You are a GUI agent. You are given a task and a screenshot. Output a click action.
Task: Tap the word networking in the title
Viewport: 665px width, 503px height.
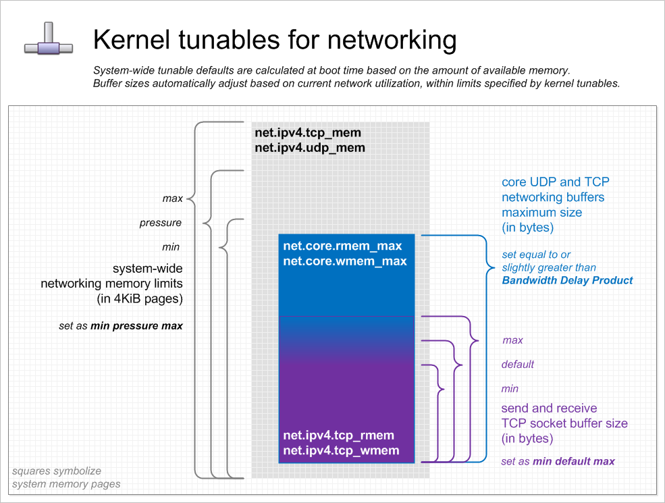click(392, 40)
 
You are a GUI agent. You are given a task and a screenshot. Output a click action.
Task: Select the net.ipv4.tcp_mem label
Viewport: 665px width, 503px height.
click(308, 133)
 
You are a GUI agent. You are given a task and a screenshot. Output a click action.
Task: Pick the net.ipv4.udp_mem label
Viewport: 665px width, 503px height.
click(310, 147)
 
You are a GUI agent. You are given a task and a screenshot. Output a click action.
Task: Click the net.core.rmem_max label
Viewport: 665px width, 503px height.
click(342, 246)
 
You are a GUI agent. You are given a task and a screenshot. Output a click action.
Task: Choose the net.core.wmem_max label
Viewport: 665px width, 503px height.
click(344, 261)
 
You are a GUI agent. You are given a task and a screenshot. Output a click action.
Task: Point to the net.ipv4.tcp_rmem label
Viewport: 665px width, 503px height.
click(338, 435)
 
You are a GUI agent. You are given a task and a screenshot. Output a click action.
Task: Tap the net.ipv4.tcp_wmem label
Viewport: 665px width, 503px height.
click(341, 450)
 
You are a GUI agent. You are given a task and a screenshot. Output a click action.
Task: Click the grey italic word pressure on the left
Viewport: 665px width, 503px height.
click(161, 223)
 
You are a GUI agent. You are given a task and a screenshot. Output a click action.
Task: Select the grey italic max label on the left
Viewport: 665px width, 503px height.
click(173, 198)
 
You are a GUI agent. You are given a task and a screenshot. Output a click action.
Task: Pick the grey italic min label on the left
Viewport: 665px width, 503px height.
click(171, 247)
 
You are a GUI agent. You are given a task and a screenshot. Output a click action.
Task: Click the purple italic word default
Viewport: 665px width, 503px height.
click(518, 365)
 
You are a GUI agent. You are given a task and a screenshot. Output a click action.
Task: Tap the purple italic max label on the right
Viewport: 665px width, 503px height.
click(512, 340)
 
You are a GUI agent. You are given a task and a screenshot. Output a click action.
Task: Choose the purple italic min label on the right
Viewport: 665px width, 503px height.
click(510, 389)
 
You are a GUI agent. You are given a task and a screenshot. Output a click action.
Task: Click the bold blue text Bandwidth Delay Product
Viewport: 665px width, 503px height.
click(567, 280)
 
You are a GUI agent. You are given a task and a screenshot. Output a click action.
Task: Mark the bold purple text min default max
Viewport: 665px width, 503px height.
click(574, 462)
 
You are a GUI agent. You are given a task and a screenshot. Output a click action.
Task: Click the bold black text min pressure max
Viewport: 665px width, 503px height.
click(136, 326)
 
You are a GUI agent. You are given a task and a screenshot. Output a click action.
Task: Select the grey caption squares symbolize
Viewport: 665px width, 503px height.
click(56, 471)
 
